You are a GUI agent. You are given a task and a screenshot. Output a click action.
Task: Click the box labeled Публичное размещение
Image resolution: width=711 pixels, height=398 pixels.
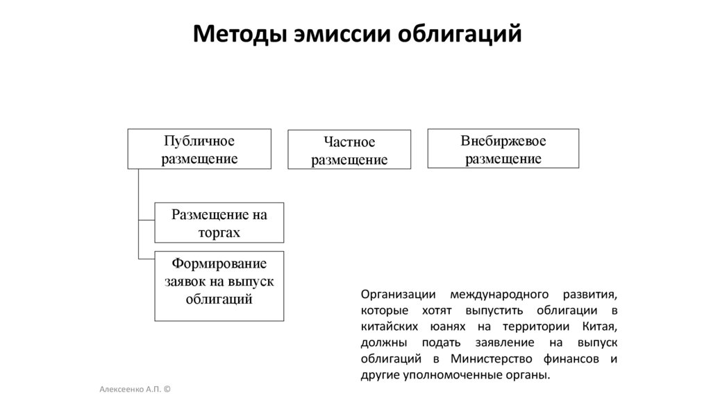(199, 149)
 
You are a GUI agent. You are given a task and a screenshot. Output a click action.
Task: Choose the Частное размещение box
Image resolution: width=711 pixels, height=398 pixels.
(349, 150)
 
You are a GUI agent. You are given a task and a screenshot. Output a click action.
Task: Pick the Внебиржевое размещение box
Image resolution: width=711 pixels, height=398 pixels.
(503, 148)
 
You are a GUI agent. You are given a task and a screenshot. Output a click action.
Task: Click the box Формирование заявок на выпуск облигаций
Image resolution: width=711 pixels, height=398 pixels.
(219, 286)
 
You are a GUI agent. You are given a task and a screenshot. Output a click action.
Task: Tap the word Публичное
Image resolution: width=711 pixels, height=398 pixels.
(199, 141)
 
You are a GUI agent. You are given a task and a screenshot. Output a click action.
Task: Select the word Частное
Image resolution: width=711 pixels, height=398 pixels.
(349, 142)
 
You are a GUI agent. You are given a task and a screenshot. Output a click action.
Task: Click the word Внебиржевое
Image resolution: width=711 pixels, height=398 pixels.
(503, 141)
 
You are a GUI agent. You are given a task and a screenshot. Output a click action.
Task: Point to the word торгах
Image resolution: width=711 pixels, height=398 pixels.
(219, 232)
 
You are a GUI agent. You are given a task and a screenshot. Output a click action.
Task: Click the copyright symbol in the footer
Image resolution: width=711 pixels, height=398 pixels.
(167, 390)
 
